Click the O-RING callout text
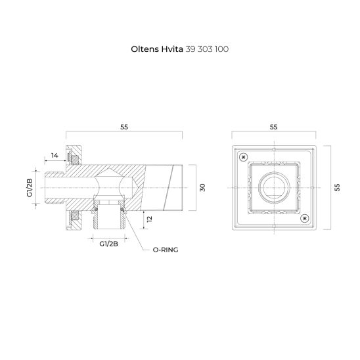click(167, 250)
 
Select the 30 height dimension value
click(203, 187)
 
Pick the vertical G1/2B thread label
click(30, 187)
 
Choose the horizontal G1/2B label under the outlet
click(108, 243)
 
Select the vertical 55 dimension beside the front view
click(338, 187)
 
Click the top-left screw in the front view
click(244, 156)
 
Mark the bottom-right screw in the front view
click(305, 217)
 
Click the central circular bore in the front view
click(275, 187)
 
